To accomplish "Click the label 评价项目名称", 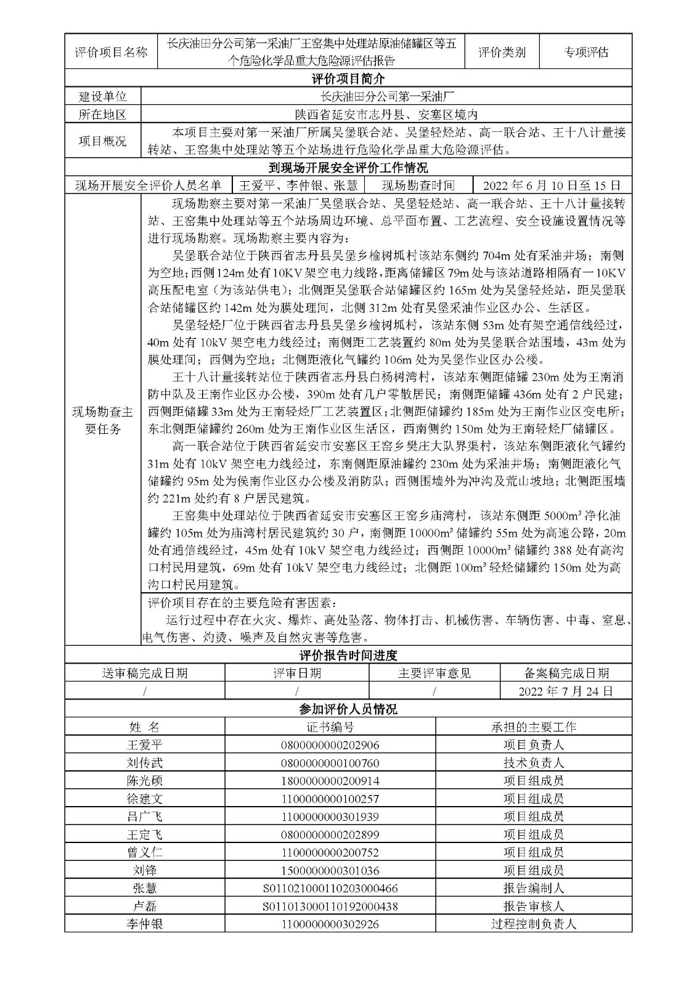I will pos(111,52).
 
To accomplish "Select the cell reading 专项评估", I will pos(585,52).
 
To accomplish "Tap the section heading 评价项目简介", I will pos(348,79).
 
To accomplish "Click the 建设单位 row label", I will pos(103,97).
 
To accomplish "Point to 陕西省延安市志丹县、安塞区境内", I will pos(386,115).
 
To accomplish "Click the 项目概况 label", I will pos(103,141).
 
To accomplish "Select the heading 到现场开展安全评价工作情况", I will pos(348,168).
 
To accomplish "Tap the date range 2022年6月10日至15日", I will pos(552,185).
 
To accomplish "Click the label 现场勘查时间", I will pos(418,185).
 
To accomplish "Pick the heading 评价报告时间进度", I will pos(348,655).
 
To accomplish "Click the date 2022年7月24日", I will pos(566,691).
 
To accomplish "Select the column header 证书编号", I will pos(330,727).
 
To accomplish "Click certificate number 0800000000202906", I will pos(330,745).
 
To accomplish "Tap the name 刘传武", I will pos(145,763).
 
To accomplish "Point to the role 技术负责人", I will pos(534,763).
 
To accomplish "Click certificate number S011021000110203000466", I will pos(330,889).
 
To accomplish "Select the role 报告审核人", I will pos(534,907).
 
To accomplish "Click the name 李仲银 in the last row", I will pos(145,924).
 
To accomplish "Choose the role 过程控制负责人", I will pos(534,924).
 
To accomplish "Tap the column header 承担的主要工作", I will pos(534,727).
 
